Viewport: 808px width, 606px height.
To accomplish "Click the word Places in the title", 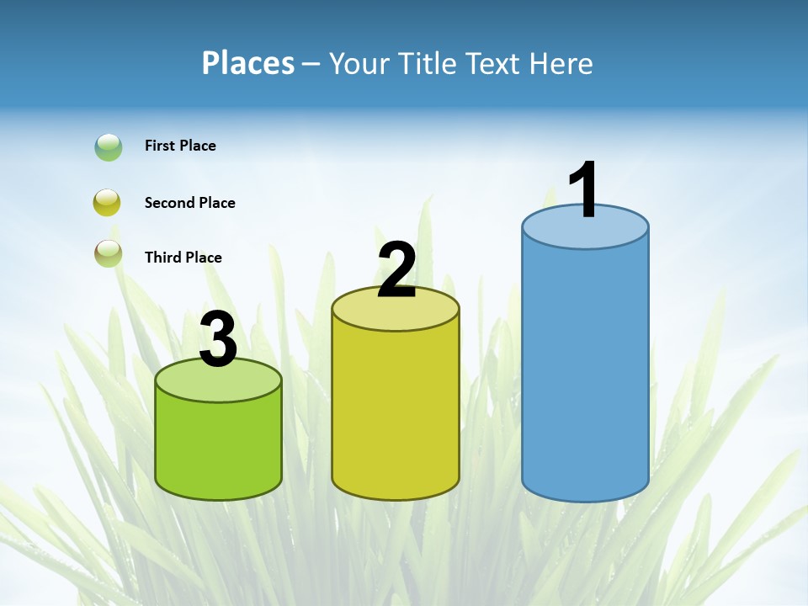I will tap(248, 63).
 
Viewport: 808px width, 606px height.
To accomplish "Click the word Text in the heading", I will tap(495, 63).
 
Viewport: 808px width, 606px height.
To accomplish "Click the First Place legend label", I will tap(180, 146).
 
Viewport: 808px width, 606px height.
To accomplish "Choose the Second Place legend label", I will tap(189, 203).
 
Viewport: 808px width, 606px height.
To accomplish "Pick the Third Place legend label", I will tap(183, 258).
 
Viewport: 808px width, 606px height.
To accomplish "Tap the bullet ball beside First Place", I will tap(109, 147).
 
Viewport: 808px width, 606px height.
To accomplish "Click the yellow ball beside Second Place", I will tap(108, 203).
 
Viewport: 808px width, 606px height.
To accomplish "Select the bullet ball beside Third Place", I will tap(108, 253).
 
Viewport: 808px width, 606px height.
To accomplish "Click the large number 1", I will tap(584, 190).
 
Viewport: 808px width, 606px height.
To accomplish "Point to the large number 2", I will tap(396, 270).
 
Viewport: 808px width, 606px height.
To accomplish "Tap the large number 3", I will tap(218, 340).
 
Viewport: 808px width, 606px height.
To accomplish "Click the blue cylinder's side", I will tap(585, 370).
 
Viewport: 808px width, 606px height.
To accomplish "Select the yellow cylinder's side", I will tap(396, 412).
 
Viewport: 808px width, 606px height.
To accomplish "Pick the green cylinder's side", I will tap(218, 446).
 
